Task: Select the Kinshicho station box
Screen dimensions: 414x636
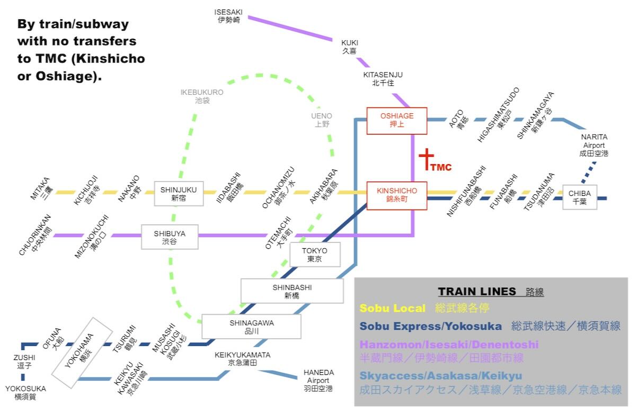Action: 397,195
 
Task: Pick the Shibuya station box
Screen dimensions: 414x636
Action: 170,237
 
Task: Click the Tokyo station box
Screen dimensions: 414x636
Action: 315,255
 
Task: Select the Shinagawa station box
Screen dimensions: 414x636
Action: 251,327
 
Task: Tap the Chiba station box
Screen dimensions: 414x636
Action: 579,197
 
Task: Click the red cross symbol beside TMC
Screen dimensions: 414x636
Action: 426,159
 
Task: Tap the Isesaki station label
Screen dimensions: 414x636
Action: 229,16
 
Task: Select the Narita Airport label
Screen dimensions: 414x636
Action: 594,145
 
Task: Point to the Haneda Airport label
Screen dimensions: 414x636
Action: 319,380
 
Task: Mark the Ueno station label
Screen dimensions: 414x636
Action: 322,120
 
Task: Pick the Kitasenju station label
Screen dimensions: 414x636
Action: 383,79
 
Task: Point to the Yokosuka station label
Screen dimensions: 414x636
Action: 25,392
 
